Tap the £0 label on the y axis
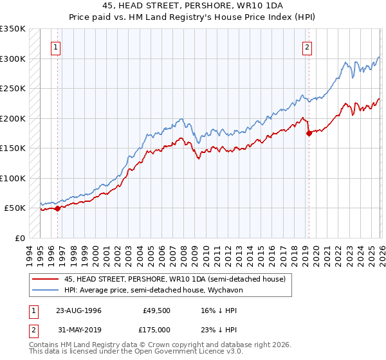coord(19,238)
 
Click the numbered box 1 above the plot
coord(57,47)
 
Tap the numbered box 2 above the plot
coord(308,47)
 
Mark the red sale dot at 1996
coord(58,208)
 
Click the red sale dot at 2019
coord(309,133)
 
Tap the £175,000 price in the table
coord(154,329)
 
